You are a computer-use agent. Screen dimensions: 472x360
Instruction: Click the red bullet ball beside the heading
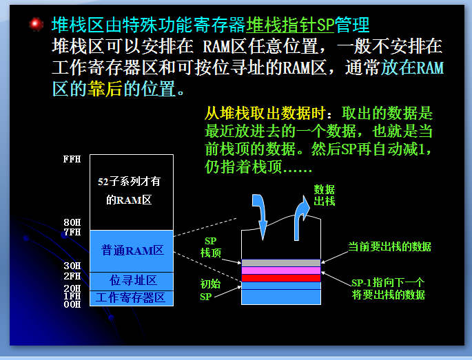(36, 24)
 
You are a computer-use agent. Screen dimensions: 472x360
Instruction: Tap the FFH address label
(72, 159)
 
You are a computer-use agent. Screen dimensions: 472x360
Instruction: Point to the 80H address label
(72, 222)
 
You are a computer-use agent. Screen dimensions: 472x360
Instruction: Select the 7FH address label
(72, 232)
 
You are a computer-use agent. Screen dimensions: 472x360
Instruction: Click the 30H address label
(72, 266)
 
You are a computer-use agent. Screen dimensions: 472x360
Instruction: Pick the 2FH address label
(72, 276)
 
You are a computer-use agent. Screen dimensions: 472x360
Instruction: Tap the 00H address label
(72, 304)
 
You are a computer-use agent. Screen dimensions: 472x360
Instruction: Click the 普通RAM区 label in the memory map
(132, 251)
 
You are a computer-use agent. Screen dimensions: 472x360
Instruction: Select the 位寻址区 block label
(133, 280)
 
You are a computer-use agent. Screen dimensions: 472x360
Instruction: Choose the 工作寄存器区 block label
(131, 298)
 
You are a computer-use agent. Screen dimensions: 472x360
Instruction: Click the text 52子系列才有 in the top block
(129, 181)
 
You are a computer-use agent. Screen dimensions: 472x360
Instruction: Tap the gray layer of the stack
(281, 263)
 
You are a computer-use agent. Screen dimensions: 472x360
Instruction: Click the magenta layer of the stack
(281, 271)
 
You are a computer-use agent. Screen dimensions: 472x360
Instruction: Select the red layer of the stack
(281, 278)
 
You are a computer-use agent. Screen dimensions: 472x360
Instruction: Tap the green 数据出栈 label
(325, 195)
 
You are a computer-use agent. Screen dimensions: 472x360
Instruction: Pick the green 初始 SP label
(210, 290)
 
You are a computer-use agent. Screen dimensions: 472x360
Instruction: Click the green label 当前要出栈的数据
(390, 246)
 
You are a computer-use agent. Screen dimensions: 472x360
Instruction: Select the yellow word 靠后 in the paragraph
(105, 89)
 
